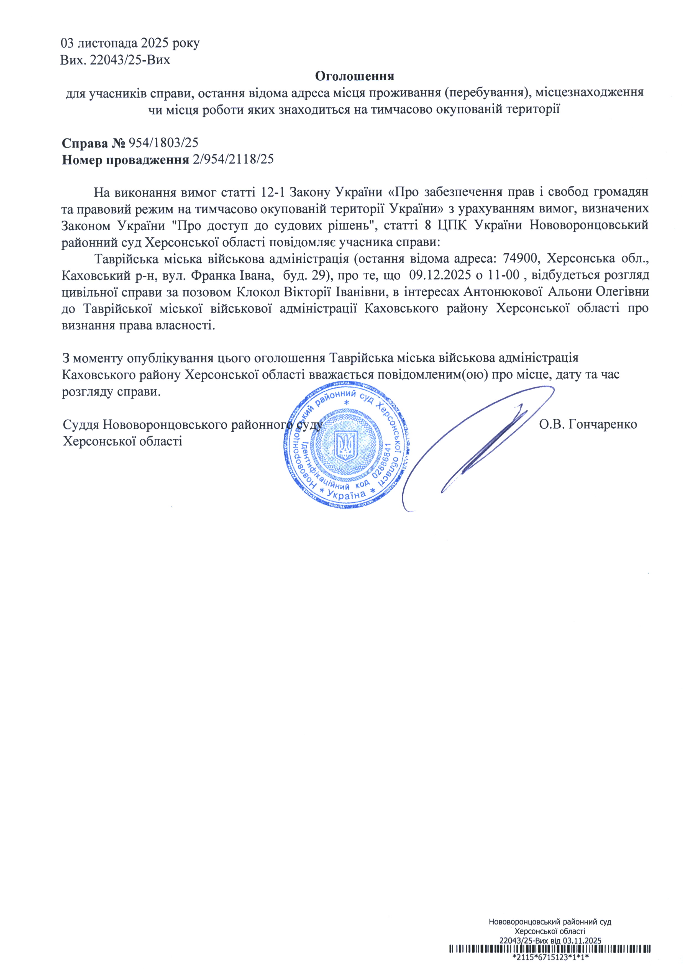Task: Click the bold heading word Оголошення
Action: point(355,76)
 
